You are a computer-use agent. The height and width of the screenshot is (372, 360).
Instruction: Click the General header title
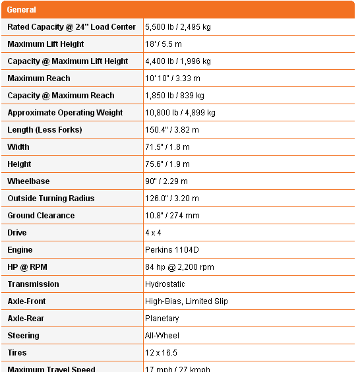[22, 10]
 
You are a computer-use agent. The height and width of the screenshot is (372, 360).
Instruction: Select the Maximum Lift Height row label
[45, 44]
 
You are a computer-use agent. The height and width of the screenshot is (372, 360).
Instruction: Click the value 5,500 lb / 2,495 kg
[178, 27]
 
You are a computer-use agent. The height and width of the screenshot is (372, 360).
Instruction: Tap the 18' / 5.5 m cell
[164, 44]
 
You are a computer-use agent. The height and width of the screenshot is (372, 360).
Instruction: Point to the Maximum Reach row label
[39, 78]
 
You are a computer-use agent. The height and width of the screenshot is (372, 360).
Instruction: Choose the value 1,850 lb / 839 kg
[175, 96]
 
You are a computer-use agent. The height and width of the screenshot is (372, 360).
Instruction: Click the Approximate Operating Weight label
[65, 113]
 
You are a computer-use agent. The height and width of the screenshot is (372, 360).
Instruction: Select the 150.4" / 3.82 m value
[171, 130]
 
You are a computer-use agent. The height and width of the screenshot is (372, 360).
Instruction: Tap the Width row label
[18, 147]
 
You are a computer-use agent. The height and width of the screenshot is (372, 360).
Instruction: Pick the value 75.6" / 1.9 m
[167, 164]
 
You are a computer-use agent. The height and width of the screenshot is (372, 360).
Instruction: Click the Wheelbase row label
[28, 181]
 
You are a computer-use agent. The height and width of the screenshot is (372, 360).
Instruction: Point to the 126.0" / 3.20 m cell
[171, 199]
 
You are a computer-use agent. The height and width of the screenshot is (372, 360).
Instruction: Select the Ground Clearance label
[41, 216]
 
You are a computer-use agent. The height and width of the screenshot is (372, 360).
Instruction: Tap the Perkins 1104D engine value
[171, 250]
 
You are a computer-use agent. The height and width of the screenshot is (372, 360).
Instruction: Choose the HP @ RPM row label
[27, 267]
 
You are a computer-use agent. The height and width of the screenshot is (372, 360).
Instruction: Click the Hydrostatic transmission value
[165, 284]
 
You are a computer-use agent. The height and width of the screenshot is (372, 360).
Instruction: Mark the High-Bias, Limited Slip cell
[186, 301]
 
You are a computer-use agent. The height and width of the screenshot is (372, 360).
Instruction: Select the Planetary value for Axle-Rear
[162, 319]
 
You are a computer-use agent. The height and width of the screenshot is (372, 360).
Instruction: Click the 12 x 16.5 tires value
[161, 353]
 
